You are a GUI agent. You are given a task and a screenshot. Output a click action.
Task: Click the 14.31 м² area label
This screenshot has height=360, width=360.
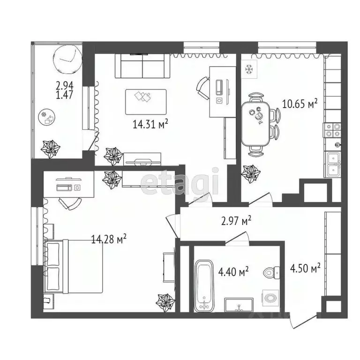(150, 124)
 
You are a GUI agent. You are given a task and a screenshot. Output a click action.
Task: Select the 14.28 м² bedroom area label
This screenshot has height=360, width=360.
(109, 240)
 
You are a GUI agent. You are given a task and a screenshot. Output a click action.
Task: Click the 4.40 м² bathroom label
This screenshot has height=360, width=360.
(233, 271)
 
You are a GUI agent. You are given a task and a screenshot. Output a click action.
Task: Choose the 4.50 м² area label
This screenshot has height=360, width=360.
(305, 268)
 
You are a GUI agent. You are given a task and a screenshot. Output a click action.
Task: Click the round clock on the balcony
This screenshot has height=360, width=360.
(67, 59)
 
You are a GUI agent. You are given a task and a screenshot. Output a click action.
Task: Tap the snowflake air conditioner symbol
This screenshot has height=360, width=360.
(249, 68)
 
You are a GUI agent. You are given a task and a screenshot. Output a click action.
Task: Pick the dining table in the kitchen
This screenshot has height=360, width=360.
(257, 123)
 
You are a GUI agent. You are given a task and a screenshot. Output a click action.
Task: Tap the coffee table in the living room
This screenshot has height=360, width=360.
(145, 102)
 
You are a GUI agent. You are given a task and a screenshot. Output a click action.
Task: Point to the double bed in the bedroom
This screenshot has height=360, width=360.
(75, 266)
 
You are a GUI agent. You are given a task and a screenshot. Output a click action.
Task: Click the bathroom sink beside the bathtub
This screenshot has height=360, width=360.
(239, 305)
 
